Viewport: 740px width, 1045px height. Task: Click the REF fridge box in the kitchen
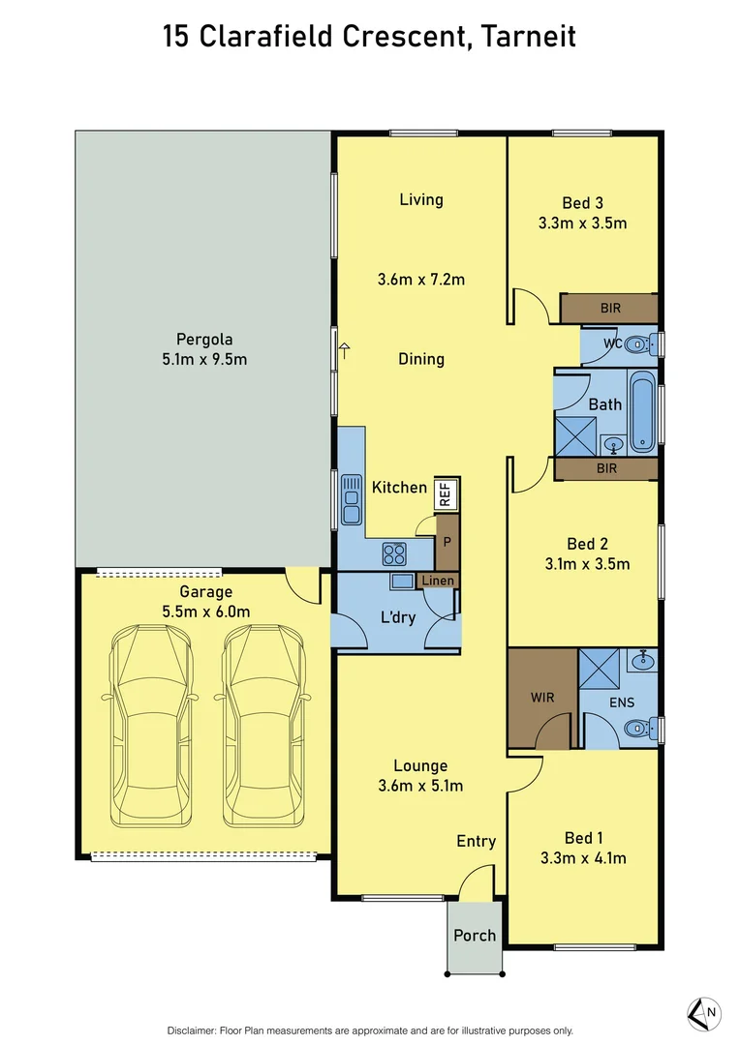coord(446,493)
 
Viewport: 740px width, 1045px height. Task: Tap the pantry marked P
coord(447,541)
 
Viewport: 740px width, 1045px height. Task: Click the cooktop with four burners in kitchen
coord(394,553)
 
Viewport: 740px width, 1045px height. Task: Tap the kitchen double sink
coord(351,502)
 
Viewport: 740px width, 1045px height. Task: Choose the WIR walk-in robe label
coord(541,696)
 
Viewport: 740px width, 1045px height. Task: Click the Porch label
coord(475,935)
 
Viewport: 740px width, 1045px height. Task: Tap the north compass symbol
coord(703,1012)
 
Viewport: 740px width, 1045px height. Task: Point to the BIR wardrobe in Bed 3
coord(609,309)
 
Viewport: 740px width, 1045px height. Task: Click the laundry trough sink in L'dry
coord(402,582)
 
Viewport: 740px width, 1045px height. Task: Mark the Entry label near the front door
coord(476,841)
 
